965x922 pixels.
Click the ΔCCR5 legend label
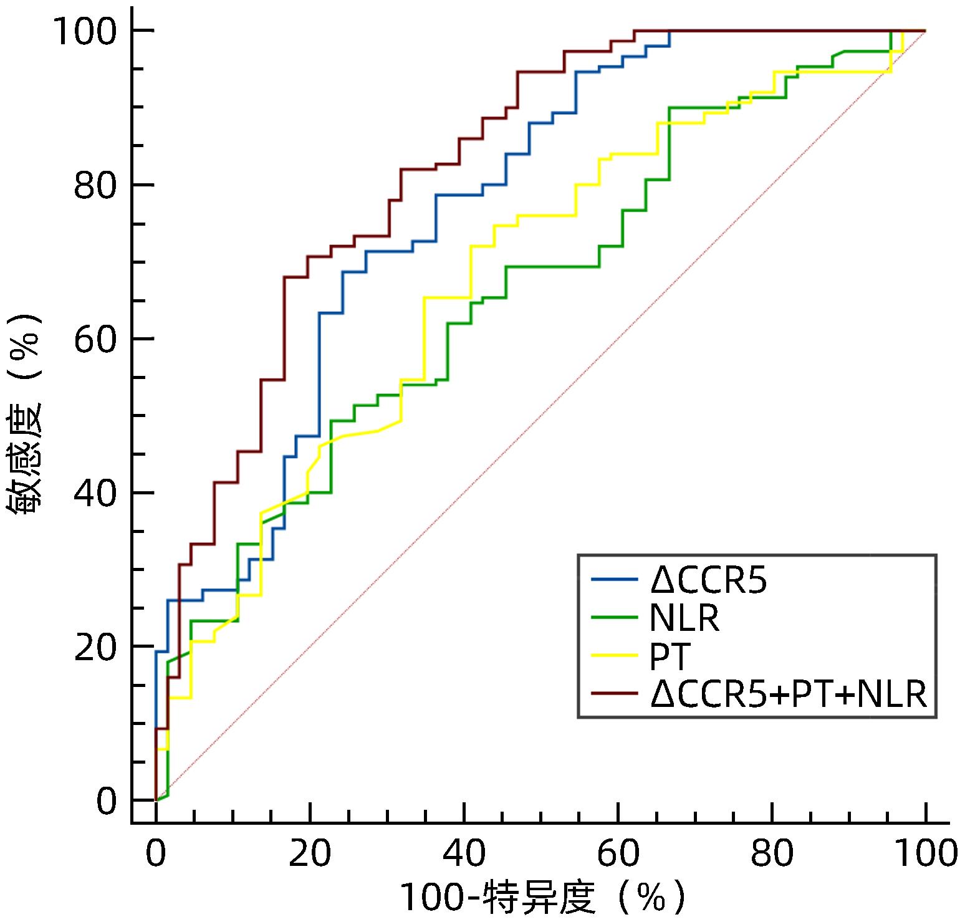point(708,580)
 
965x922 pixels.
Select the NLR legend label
point(684,619)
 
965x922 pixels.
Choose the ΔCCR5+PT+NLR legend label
point(789,694)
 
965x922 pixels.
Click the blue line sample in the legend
point(615,580)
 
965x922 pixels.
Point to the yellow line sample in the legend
point(615,656)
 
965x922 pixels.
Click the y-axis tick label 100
point(85,31)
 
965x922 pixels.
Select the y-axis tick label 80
point(95,185)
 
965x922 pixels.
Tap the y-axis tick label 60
point(95,339)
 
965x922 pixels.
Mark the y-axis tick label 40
point(95,493)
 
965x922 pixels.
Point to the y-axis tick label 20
point(95,646)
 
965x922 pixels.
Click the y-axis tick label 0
point(107,800)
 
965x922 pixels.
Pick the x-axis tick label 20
point(310,853)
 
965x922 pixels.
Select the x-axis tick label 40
point(464,853)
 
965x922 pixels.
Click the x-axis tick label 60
point(618,853)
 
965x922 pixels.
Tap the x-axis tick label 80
point(772,853)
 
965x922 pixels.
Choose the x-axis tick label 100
point(924,853)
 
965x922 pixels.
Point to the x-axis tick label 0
point(156,853)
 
